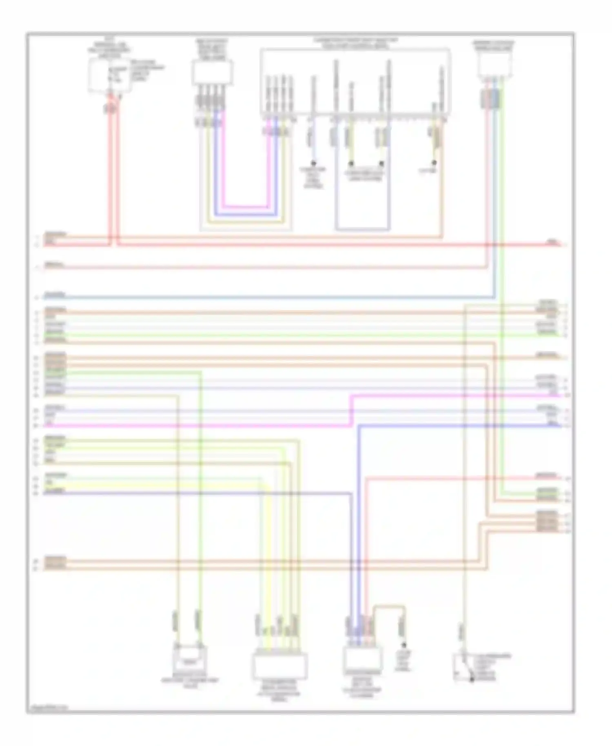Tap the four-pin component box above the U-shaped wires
(212, 73)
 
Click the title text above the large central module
(355, 43)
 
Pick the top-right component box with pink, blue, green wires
(495, 65)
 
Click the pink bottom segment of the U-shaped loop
(245, 207)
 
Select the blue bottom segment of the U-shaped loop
(245, 215)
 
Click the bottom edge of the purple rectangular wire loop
(363, 229)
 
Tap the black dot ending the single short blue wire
(313, 163)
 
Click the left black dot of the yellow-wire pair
(350, 163)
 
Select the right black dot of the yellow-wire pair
(381, 163)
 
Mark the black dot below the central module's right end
(435, 162)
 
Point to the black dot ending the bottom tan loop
(404, 645)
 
